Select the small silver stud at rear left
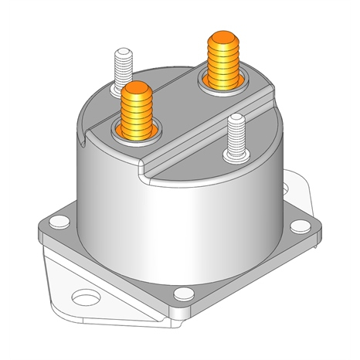tap(123, 70)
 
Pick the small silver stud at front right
tap(236, 138)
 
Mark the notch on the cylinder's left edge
tap(83, 141)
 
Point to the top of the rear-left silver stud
tap(123, 53)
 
